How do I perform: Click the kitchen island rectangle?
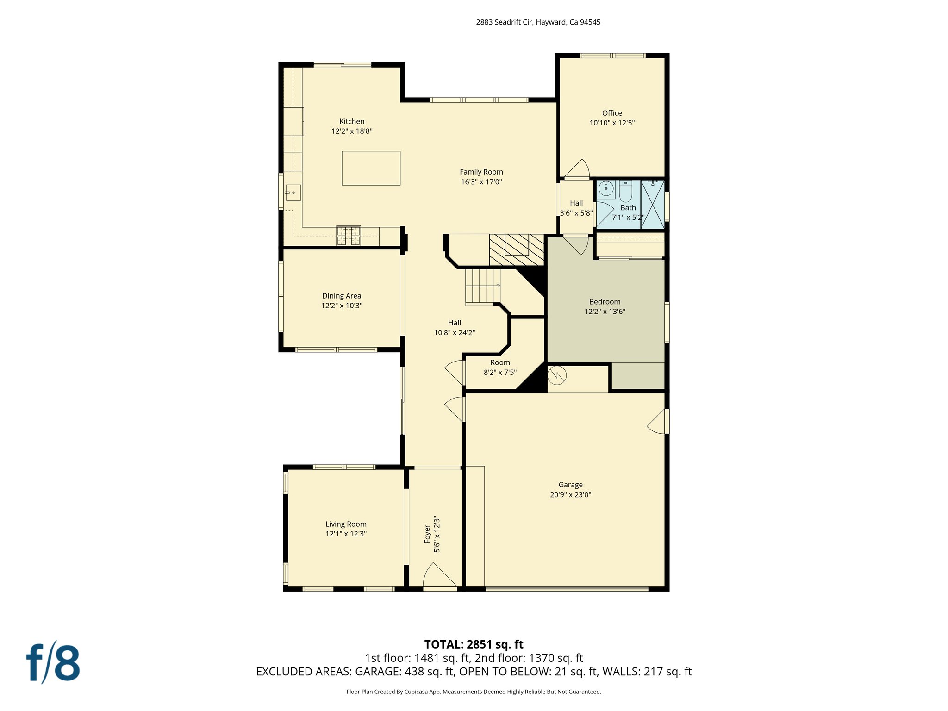(x=371, y=168)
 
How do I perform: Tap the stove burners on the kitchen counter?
(x=348, y=236)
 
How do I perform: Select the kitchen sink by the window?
(x=293, y=192)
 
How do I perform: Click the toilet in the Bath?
(x=625, y=190)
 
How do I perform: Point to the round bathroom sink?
(x=605, y=189)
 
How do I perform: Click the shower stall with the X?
(x=653, y=204)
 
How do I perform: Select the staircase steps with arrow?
(x=483, y=287)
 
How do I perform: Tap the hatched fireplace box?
(x=517, y=249)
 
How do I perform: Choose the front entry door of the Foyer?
(x=439, y=577)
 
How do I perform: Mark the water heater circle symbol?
(x=557, y=375)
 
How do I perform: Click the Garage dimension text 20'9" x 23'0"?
(x=570, y=495)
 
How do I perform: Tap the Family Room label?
(x=481, y=172)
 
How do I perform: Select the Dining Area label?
(x=342, y=296)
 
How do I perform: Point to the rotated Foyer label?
(x=427, y=534)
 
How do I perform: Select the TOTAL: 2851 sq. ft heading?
(x=474, y=644)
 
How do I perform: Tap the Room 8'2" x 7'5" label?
(x=500, y=368)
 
